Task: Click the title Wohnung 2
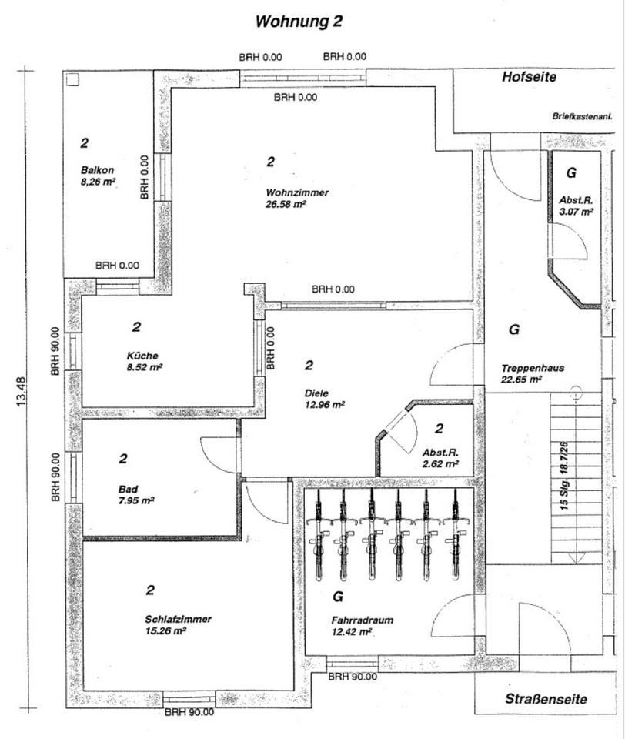(x=299, y=22)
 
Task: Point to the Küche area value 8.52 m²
(x=143, y=367)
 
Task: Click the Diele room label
(x=316, y=392)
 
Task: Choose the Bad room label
(x=128, y=489)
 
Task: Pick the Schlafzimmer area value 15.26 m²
(x=165, y=630)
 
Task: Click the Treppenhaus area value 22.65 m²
(x=521, y=379)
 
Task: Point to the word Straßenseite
(x=546, y=700)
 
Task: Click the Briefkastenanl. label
(x=581, y=117)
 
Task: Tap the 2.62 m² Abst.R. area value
(x=440, y=464)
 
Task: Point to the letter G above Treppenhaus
(x=514, y=329)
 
